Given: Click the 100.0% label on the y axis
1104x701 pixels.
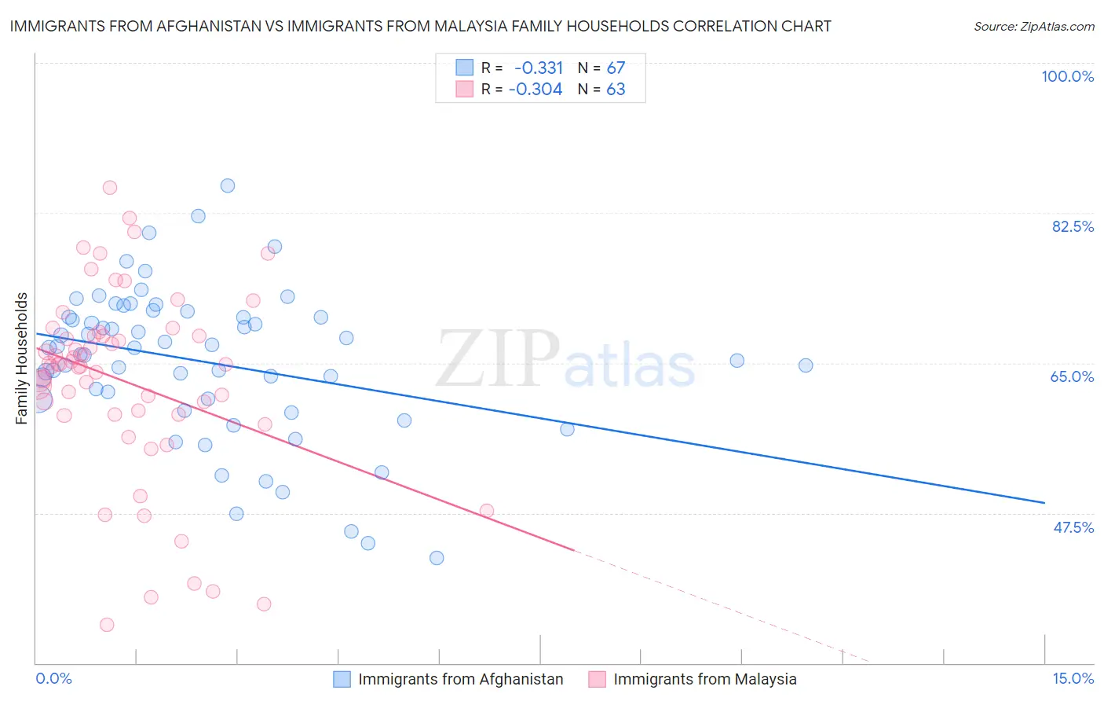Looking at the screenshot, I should point(1067,76).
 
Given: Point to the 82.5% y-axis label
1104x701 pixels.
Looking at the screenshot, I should point(1073,226).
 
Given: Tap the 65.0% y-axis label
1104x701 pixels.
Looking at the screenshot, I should point(1072,376).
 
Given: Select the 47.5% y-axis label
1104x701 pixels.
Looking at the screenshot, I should point(1073,527).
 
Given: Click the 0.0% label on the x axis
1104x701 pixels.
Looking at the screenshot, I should point(53,678).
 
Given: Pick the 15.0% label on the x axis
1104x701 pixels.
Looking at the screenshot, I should point(1073,678).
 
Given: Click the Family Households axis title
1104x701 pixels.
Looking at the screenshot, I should point(22,358).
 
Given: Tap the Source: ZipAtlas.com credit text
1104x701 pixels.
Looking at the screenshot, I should point(1033,27).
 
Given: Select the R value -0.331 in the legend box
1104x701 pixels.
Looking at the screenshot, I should point(539,68).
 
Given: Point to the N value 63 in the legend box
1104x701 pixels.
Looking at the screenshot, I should point(616,90).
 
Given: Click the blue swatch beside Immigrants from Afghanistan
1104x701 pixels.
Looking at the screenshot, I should point(342,679).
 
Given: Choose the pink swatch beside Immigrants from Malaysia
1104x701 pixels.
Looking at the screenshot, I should point(597,679).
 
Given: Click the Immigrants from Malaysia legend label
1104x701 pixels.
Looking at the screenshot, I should point(704,679).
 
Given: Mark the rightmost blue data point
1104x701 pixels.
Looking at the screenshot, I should point(806,365).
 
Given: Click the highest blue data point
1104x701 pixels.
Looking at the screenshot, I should point(228,186).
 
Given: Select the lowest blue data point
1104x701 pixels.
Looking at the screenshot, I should point(437,558).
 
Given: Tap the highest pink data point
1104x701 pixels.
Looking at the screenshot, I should point(110,188).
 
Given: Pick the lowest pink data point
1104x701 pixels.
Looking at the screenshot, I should point(107,625).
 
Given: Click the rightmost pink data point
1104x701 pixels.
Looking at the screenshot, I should point(487,511).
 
